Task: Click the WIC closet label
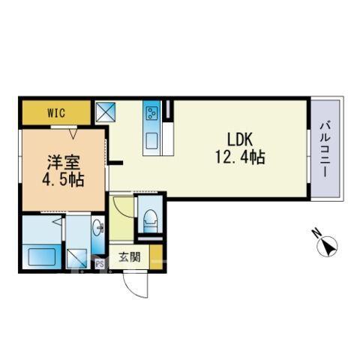point(56,113)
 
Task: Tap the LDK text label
point(240,139)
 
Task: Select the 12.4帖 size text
point(240,157)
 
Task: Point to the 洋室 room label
point(64,163)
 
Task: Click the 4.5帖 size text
point(63,179)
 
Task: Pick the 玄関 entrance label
point(129,257)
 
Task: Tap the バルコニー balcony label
point(325,149)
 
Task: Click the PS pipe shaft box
point(100,264)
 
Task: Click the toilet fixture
point(151,221)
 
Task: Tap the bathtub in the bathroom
point(41,256)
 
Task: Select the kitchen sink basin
point(151,141)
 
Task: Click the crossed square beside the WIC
point(106,112)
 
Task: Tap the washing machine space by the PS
point(77,259)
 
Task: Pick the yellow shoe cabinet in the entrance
point(156,257)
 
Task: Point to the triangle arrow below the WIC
point(73,133)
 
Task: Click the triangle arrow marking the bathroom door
point(57,221)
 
